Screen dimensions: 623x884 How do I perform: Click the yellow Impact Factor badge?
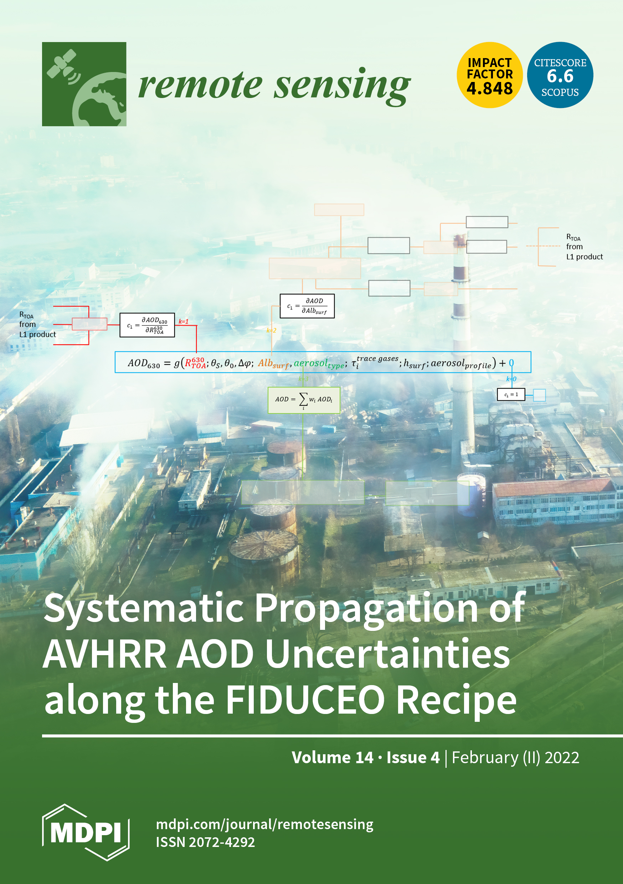coord(489,75)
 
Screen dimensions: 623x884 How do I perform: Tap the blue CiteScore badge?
coord(560,75)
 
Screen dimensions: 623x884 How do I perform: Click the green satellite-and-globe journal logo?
coord(84,84)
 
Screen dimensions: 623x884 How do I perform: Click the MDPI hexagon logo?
coord(86,832)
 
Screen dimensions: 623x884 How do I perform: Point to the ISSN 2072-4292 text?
coord(205,842)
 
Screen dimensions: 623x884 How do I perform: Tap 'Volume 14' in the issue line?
coord(332,757)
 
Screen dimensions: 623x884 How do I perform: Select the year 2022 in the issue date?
coord(562,757)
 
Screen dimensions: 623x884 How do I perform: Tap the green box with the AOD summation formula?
coord(304,400)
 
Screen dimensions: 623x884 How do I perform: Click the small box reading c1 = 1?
coord(511,395)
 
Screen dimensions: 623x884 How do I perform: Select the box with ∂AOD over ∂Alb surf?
coord(307,306)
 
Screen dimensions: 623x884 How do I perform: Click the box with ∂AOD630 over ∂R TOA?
coord(147,325)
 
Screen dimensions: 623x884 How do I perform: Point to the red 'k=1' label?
coord(183,322)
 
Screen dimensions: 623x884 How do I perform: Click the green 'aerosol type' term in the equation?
coord(319,364)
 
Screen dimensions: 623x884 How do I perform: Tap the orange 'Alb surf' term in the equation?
coord(273,364)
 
